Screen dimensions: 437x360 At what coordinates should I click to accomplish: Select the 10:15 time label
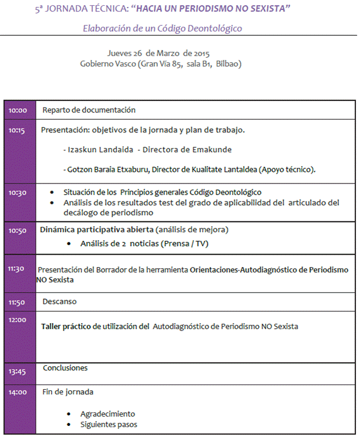17,131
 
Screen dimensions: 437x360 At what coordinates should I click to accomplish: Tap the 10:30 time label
17,193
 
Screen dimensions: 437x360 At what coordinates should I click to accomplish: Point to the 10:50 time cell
18,231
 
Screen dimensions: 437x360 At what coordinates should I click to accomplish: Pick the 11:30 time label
17,269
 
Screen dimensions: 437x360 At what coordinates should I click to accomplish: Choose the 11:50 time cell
18,302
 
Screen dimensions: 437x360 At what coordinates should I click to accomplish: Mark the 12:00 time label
18,320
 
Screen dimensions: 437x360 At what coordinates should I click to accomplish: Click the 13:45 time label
17,371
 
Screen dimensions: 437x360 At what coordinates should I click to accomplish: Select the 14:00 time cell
18,392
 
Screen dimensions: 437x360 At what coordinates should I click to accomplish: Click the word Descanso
60,301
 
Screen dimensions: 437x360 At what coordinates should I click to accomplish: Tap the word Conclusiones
65,368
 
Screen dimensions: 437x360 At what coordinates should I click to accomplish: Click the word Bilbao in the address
227,64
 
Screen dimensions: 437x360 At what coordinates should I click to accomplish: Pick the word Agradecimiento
108,414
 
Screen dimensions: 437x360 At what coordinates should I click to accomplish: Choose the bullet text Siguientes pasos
109,424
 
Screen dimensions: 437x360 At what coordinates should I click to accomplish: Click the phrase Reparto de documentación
89,110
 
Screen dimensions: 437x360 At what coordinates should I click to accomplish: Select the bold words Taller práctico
67,327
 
